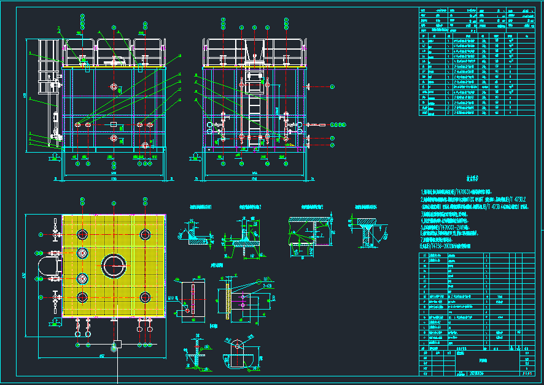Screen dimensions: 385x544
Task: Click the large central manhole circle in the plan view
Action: [x=114, y=265]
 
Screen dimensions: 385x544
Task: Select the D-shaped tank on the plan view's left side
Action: [x=49, y=265]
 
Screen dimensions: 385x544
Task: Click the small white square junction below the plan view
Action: [x=117, y=343]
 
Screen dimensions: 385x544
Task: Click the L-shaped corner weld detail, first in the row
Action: [x=195, y=234]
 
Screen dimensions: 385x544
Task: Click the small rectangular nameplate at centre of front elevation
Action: [x=114, y=124]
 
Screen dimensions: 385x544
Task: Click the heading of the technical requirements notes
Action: [x=472, y=180]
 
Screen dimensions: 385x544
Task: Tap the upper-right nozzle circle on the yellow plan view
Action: [x=146, y=234]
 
